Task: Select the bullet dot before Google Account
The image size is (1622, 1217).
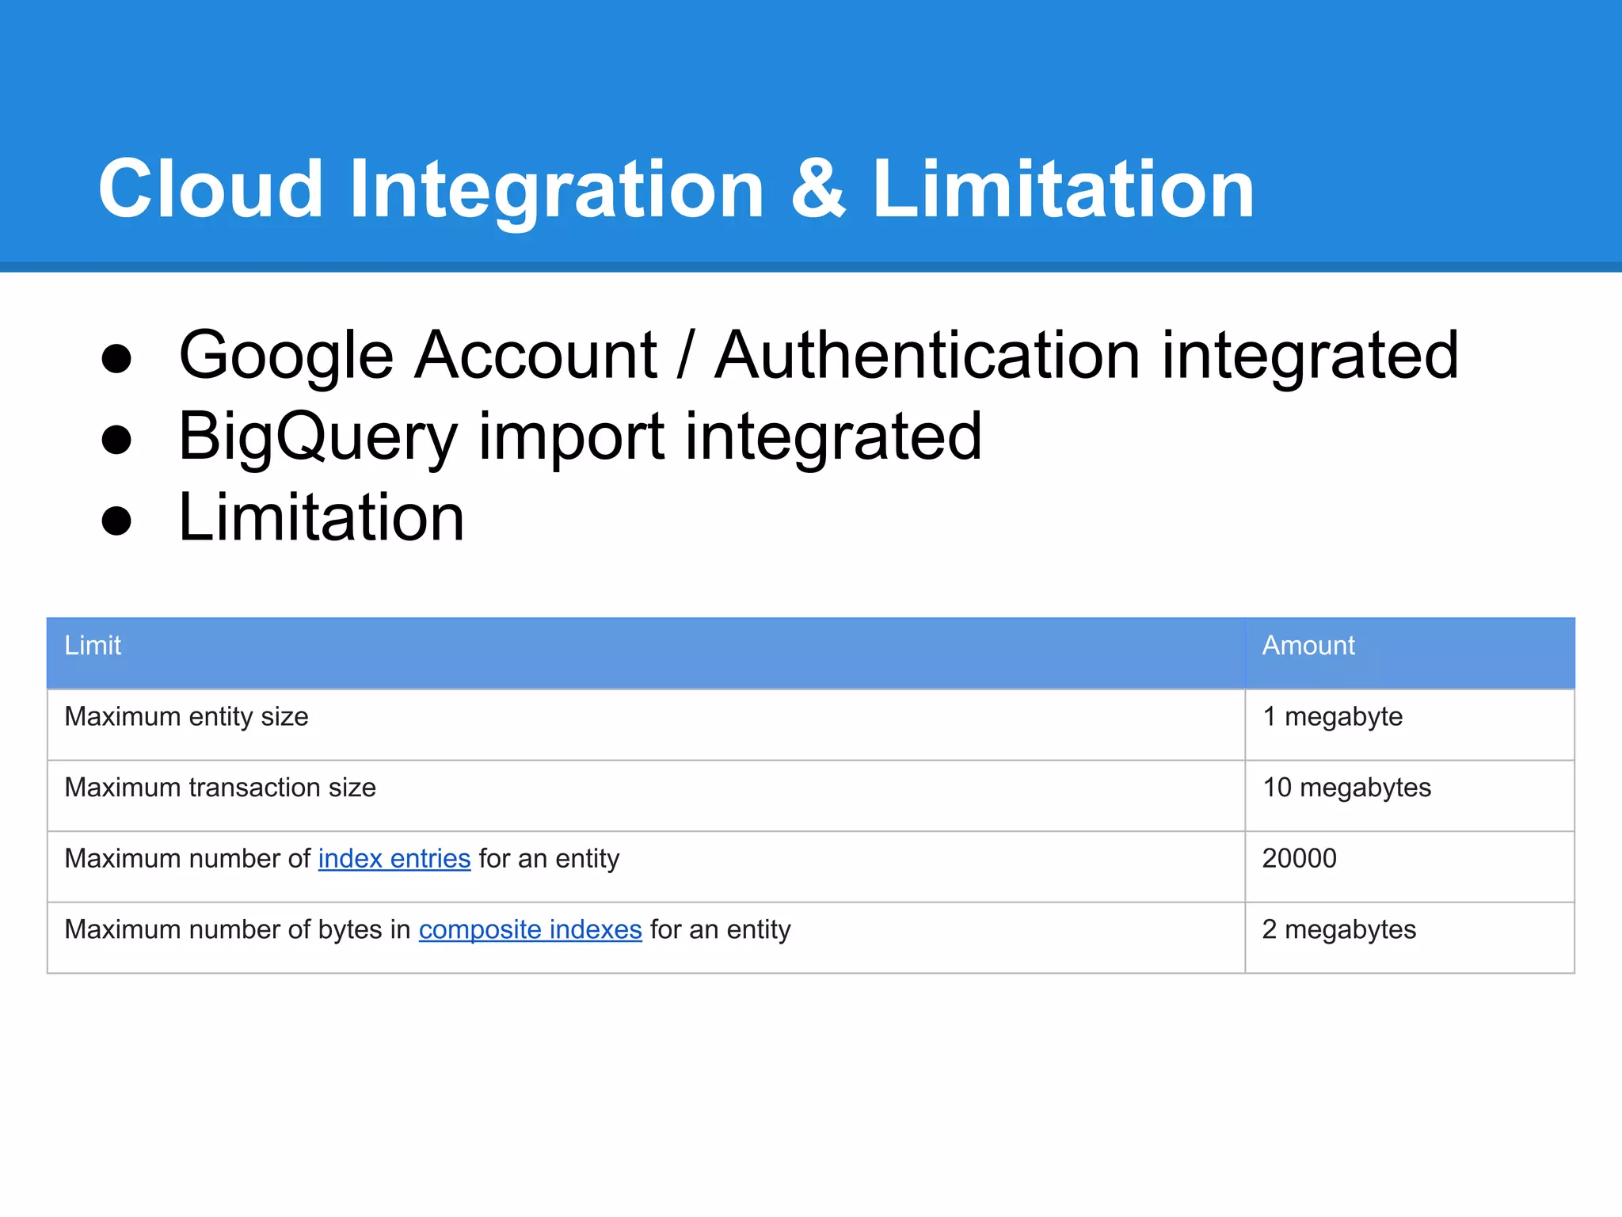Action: coord(116,358)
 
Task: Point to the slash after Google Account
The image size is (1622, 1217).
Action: coord(686,357)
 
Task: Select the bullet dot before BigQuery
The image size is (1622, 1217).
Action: coord(116,440)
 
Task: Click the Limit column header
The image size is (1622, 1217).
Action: coord(93,646)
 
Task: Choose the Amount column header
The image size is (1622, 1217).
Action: coord(1308,646)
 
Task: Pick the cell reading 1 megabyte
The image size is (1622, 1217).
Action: coord(1332,717)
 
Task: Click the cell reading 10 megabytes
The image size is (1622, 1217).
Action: coord(1346,788)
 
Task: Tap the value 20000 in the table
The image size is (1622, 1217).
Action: coord(1299,859)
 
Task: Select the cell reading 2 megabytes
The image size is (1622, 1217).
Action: coord(1338,929)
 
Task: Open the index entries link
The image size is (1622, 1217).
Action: coord(394,859)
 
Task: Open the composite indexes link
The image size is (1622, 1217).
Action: coord(530,929)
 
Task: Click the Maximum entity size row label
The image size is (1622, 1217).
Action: coord(186,717)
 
